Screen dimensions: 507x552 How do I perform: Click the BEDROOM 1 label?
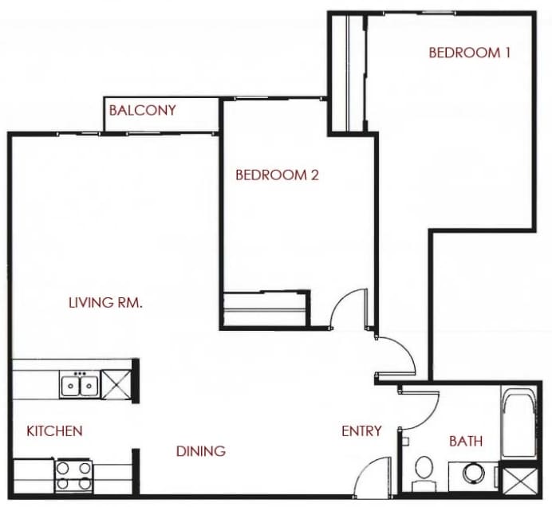pos(469,53)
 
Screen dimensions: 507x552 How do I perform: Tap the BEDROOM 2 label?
pos(277,175)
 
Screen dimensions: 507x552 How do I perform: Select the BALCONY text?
pos(142,109)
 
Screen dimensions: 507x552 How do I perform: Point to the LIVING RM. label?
pos(105,303)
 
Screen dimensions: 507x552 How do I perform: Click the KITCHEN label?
pos(54,431)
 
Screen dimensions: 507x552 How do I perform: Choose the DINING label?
pos(200,451)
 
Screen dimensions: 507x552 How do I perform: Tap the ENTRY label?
pos(361,431)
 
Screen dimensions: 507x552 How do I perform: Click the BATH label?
pos(465,441)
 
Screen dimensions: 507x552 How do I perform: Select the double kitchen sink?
pos(79,386)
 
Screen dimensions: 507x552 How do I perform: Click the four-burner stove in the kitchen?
pos(73,476)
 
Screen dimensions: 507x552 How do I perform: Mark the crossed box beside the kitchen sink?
pos(115,384)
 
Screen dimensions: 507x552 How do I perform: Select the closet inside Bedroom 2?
pos(265,308)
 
